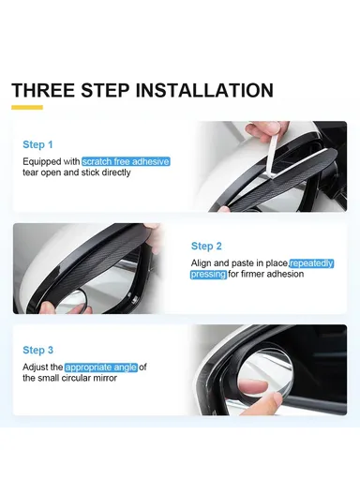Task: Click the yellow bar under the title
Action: click(x=27, y=109)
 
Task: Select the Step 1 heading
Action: click(x=37, y=145)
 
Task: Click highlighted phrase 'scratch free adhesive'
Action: click(x=125, y=162)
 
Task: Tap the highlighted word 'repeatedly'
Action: click(x=311, y=263)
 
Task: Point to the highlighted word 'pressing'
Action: click(x=208, y=274)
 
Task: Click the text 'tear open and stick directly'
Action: click(x=76, y=173)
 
